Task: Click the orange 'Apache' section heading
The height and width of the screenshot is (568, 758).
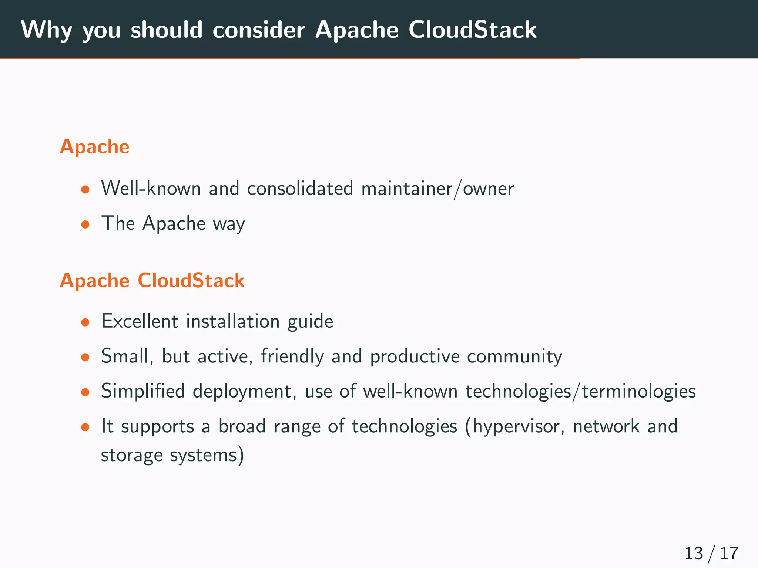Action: [x=95, y=146]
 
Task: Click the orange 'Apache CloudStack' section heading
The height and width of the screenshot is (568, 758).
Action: [x=152, y=280]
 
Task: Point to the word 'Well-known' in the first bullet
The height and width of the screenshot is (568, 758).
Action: [x=151, y=188]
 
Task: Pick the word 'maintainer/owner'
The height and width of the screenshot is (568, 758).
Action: [x=437, y=189]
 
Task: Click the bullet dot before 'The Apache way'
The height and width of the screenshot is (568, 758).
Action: [x=85, y=224]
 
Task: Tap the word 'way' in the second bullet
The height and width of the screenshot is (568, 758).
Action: [x=229, y=224]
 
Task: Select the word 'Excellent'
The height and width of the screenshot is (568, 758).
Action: [x=140, y=321]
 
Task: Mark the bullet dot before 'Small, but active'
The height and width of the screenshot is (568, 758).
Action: [x=85, y=357]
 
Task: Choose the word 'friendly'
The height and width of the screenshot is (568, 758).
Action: [x=292, y=356]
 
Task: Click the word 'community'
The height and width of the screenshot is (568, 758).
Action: [x=514, y=356]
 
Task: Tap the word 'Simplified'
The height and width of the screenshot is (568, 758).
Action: [x=143, y=391]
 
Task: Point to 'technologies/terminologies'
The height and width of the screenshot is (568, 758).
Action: [x=580, y=392]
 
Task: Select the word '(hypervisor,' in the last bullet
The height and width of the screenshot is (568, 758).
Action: [x=515, y=427]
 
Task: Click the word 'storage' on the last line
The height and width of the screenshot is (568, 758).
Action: [x=131, y=455]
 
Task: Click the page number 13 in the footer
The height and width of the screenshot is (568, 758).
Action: [x=693, y=554]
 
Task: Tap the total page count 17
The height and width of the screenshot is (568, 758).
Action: [x=729, y=554]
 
